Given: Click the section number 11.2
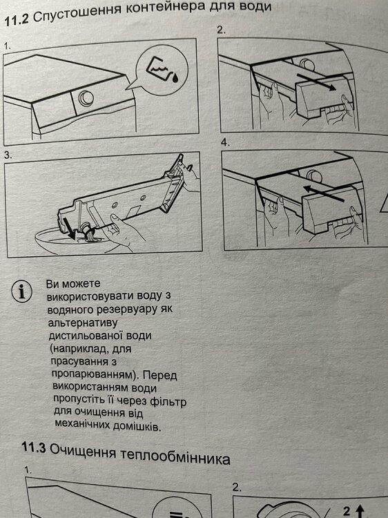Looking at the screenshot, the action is coord(17,21).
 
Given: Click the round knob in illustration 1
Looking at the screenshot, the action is coord(86,98).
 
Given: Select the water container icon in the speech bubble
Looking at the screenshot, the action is coord(162,70).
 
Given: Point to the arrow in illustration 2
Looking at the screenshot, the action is coord(316,82).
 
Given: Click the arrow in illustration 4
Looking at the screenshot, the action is coord(324,193).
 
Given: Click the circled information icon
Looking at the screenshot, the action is coord(22,291).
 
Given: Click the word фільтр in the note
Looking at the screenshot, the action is coord(168,401).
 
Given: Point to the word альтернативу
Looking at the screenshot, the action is coord(83,323).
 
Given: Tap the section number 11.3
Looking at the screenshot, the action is coord(33,448).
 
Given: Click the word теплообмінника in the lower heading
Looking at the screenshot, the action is coord(175,455).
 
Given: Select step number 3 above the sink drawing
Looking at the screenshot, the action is coord(8,155).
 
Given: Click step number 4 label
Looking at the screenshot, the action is coord(226,143).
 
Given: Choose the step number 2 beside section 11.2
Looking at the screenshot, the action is coord(221,30).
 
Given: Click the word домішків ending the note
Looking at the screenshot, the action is coord(137,426).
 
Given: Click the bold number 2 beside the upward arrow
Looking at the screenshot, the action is coord(347,511).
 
